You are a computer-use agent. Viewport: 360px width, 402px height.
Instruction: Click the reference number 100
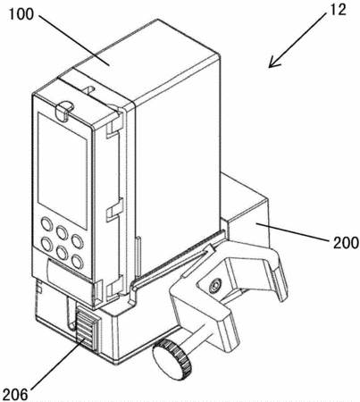tap(21, 14)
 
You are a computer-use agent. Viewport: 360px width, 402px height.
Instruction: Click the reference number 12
tap(337, 10)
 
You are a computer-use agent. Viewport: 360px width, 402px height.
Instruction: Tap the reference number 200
tap(346, 242)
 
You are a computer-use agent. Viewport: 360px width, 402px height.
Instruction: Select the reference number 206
tap(14, 394)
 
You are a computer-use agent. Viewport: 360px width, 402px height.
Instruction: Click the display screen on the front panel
tap(63, 171)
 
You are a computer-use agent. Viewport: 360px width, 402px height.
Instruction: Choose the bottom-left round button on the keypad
tap(46, 244)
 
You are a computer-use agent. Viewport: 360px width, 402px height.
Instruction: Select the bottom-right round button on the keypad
tap(78, 262)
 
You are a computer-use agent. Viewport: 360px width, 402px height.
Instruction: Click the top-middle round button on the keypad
tap(63, 232)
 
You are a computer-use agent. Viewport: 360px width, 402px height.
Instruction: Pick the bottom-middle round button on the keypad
tap(63, 253)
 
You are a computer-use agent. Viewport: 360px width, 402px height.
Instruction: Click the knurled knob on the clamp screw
tap(172, 360)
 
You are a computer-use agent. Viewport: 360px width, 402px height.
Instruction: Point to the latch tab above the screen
tap(63, 111)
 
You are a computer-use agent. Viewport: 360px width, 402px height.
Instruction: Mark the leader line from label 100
tap(74, 40)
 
